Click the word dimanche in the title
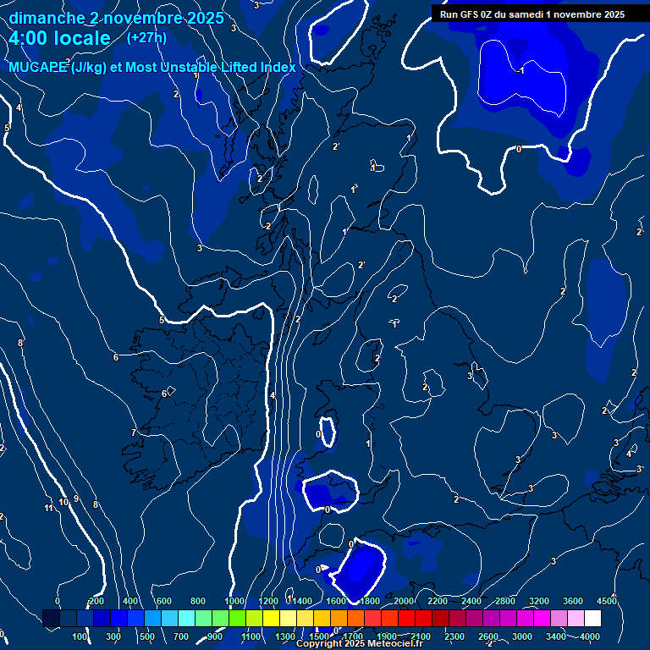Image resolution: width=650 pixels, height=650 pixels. (46, 18)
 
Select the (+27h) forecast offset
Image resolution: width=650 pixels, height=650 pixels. (146, 37)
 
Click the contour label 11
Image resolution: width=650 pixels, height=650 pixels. (48, 508)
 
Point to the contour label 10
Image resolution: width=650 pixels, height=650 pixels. (63, 503)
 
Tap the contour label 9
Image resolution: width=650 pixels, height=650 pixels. (76, 499)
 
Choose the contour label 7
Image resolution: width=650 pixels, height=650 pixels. (133, 432)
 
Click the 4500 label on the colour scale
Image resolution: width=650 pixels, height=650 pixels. (607, 601)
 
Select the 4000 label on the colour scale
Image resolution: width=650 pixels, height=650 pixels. (590, 636)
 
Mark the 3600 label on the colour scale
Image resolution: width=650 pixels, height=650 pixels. (573, 601)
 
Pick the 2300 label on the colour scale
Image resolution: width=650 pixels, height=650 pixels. (454, 636)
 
